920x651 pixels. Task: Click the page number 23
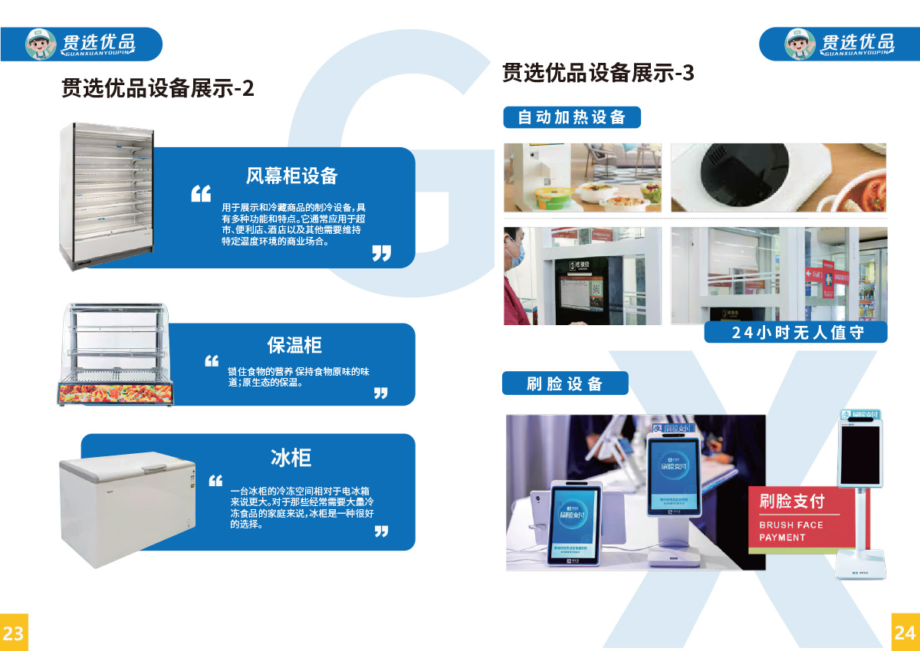point(13,633)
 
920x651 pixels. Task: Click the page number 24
point(905,633)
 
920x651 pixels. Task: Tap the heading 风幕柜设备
point(291,176)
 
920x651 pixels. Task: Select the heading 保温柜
point(294,345)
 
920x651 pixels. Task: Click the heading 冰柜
point(291,458)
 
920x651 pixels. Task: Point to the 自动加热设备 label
point(572,117)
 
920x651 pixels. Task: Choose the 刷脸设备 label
point(565,383)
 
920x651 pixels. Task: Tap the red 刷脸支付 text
point(792,501)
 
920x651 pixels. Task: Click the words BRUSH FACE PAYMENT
point(790,531)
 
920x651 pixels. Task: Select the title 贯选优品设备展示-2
point(157,88)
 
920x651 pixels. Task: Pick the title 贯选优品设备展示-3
point(598,73)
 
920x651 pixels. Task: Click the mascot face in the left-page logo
point(41,44)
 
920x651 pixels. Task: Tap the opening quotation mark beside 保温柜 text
point(212,360)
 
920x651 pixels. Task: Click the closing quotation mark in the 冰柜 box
point(381,531)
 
